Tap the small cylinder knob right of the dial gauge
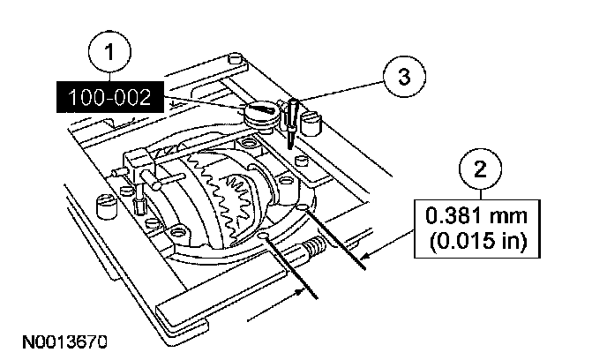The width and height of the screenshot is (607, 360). pyautogui.click(x=309, y=120)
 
